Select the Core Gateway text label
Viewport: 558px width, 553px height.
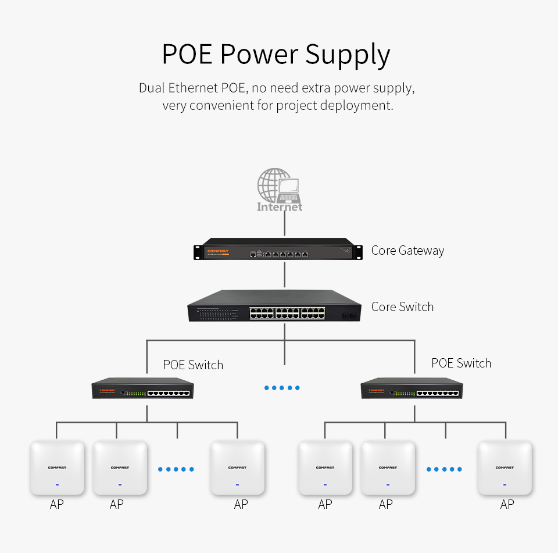[x=407, y=251]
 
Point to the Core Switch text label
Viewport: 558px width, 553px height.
[x=402, y=307]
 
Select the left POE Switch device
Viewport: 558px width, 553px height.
[x=143, y=388]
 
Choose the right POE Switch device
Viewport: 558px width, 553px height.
[x=412, y=388]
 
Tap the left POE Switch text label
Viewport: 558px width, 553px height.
[x=193, y=365]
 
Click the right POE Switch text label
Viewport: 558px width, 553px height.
[x=462, y=363]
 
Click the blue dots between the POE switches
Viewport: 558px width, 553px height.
[x=282, y=388]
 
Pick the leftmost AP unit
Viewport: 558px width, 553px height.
[x=57, y=468]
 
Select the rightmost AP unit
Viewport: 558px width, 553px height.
[x=505, y=468]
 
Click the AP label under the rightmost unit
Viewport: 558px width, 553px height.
[x=507, y=505]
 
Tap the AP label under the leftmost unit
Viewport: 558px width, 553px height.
[x=56, y=505]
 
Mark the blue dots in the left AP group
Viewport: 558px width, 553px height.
[x=176, y=469]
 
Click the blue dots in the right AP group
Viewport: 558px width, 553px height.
[x=444, y=469]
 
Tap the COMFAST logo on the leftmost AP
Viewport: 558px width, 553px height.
[x=56, y=468]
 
